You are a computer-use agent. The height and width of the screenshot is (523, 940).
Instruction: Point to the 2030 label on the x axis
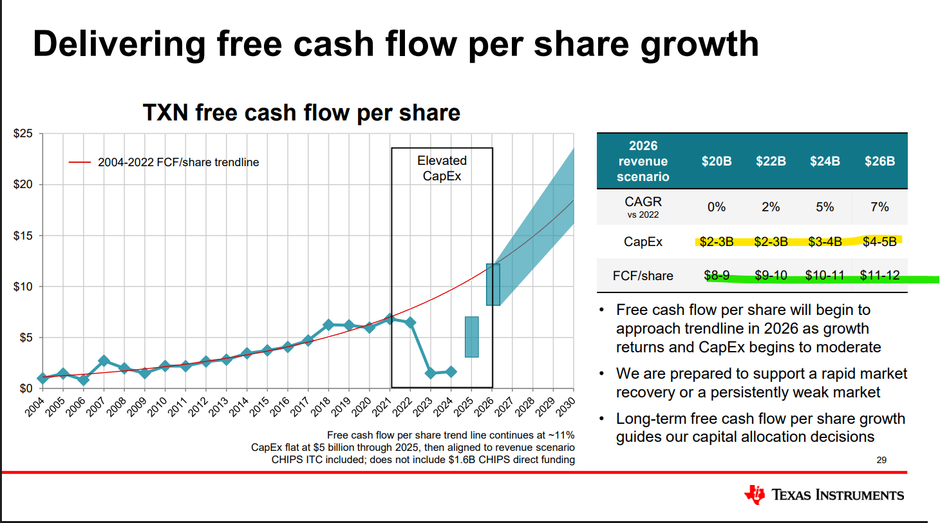(565, 406)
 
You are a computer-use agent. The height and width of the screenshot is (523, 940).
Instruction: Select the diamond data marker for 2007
(104, 361)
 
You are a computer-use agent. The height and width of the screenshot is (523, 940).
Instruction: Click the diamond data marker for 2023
(430, 373)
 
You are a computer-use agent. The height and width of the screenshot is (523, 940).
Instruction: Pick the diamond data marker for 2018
(328, 325)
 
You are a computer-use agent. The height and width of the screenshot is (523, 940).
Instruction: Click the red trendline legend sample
(80, 162)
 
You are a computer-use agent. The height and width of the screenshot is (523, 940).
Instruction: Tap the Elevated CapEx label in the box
(442, 168)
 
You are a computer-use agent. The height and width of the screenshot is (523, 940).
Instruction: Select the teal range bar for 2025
(472, 337)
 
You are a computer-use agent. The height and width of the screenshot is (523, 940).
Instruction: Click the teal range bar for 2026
(493, 285)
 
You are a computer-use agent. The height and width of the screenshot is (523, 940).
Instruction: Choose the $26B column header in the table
(879, 161)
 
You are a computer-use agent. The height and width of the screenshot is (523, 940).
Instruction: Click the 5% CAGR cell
(825, 207)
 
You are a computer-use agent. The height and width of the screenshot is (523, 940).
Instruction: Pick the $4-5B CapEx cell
(879, 242)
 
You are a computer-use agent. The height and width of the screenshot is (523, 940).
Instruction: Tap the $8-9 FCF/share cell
(717, 276)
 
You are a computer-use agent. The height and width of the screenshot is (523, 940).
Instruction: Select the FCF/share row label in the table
(643, 276)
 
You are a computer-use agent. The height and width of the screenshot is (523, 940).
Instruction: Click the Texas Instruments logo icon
(755, 495)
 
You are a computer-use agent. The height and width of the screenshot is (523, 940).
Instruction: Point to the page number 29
(881, 460)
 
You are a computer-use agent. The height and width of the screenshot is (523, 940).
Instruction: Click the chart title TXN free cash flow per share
(301, 113)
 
